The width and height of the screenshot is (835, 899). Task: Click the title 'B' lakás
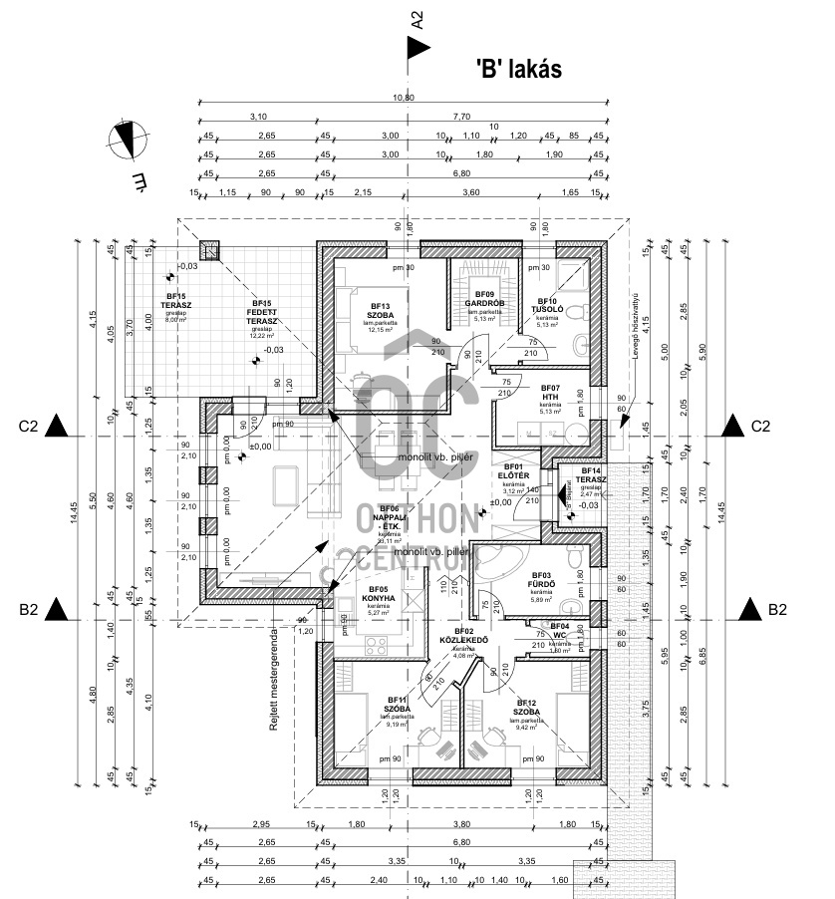point(519,69)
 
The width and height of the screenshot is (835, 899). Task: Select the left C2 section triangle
point(58,427)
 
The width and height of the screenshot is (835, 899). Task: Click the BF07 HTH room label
point(551,393)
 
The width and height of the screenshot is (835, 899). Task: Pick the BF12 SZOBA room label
point(527,706)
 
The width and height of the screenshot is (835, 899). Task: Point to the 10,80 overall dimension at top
point(403,97)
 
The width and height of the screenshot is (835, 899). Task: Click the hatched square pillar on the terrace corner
point(209,250)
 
